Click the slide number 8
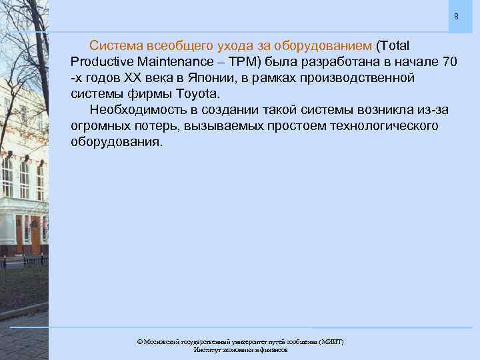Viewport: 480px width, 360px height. click(x=457, y=16)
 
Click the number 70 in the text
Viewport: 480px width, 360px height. click(x=449, y=63)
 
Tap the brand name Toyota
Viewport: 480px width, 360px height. click(x=197, y=94)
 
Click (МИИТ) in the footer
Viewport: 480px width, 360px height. click(x=331, y=341)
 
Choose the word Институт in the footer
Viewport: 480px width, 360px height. click(x=205, y=349)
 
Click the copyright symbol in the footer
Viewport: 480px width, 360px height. click(x=140, y=341)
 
